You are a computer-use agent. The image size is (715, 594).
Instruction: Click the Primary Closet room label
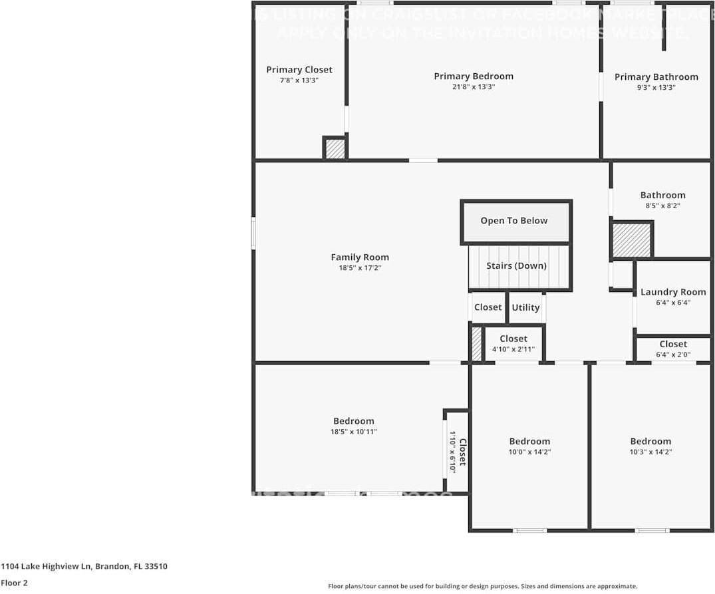point(299,70)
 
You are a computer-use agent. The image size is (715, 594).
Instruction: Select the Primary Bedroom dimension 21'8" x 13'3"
point(474,87)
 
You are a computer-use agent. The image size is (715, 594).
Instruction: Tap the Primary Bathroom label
point(656,77)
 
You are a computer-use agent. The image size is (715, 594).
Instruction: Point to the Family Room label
point(360,257)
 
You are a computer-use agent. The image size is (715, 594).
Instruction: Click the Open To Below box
point(515,222)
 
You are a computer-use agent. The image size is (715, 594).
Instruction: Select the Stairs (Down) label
point(516,266)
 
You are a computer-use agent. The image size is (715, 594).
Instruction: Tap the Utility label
point(525,307)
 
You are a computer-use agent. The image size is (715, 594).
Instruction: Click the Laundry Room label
point(673,292)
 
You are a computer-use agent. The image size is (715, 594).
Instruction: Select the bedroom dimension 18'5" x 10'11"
point(354,432)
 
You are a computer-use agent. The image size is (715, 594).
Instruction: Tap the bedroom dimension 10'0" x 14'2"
point(529,452)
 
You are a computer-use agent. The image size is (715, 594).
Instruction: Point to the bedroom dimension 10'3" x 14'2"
point(650,452)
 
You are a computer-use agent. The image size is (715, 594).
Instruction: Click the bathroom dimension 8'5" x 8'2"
point(662,206)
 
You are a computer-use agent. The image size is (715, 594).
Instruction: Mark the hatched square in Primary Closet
point(335,148)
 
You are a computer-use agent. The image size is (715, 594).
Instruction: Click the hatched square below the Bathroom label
point(631,240)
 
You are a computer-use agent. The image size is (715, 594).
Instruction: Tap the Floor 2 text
point(14,583)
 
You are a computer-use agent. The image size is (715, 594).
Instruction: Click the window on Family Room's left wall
point(253,233)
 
